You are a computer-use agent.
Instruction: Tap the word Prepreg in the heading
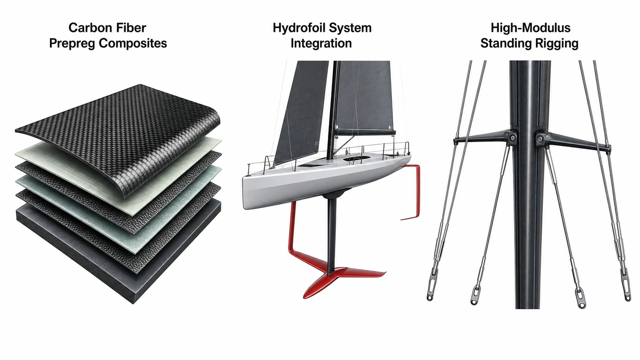(72, 44)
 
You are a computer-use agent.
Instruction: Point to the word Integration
(321, 44)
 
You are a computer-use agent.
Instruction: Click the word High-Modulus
(530, 28)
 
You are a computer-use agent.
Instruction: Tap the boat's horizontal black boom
(365, 132)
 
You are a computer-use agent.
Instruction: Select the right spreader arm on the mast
(573, 141)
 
